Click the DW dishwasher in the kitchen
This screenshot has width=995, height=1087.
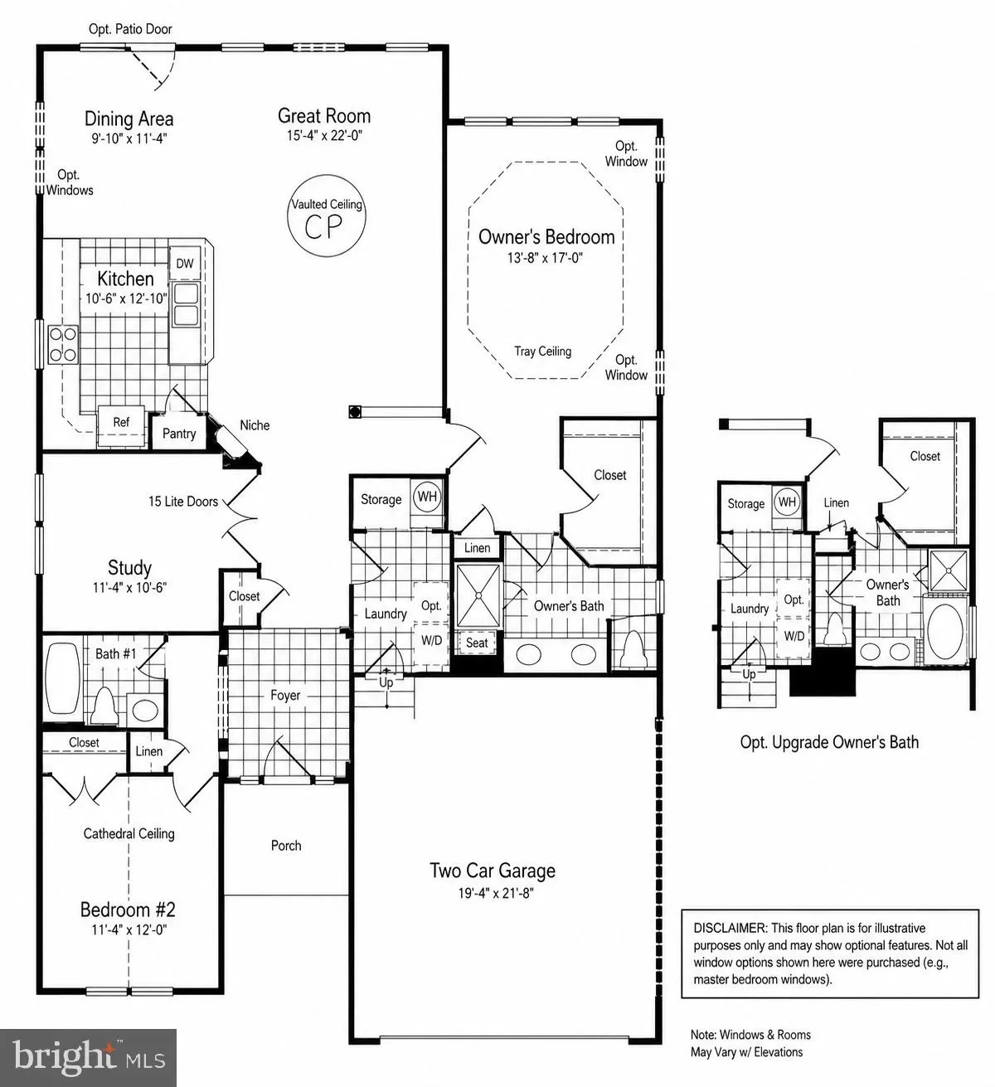185,263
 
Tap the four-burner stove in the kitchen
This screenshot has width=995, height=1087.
63,345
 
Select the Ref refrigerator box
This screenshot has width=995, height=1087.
121,425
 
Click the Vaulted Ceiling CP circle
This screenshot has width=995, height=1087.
326,216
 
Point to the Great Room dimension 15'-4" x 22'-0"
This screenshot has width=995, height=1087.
324,135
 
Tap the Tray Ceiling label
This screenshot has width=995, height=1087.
542,352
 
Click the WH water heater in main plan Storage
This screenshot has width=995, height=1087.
427,497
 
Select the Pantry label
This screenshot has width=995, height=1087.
179,434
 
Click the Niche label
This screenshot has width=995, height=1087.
255,425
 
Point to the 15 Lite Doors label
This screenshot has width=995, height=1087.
183,502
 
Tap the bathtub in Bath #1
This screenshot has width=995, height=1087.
62,678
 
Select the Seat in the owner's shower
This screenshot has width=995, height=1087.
477,643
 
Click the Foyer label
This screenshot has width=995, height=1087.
285,695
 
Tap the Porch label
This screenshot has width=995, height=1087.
286,846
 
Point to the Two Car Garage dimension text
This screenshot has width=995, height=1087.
496,893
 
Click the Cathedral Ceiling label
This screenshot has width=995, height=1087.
129,833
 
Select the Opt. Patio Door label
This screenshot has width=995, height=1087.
130,29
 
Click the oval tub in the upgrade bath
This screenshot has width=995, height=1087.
945,631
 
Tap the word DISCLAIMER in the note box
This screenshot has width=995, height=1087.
730,928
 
